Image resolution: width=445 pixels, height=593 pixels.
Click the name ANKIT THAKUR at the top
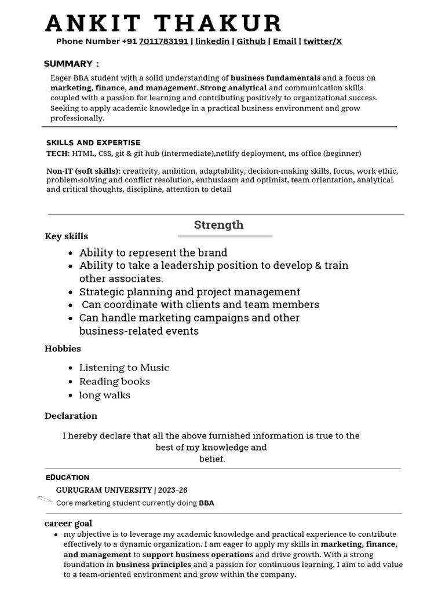click(163, 23)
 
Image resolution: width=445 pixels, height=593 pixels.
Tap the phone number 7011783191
click(163, 42)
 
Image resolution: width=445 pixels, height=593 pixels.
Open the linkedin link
click(212, 42)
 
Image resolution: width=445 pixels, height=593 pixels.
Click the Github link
click(251, 42)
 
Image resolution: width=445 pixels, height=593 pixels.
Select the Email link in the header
click(284, 42)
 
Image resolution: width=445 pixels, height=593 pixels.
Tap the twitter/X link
click(322, 42)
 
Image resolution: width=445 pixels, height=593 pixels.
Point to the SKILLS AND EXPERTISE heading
click(93, 142)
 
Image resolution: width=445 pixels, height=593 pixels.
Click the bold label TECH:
click(58, 153)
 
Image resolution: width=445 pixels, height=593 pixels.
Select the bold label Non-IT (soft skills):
click(83, 171)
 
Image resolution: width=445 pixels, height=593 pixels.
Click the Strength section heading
click(218, 225)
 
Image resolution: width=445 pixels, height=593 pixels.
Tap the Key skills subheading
click(66, 236)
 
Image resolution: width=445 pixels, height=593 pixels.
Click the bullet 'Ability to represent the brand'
click(153, 252)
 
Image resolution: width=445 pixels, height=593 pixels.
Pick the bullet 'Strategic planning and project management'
click(189, 292)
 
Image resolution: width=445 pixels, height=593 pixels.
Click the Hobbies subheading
click(63, 349)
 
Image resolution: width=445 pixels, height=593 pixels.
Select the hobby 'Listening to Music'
click(124, 368)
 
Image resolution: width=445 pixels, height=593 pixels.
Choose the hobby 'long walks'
click(104, 396)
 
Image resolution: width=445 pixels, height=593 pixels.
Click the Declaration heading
click(71, 416)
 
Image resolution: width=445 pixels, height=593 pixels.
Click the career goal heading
click(68, 523)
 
